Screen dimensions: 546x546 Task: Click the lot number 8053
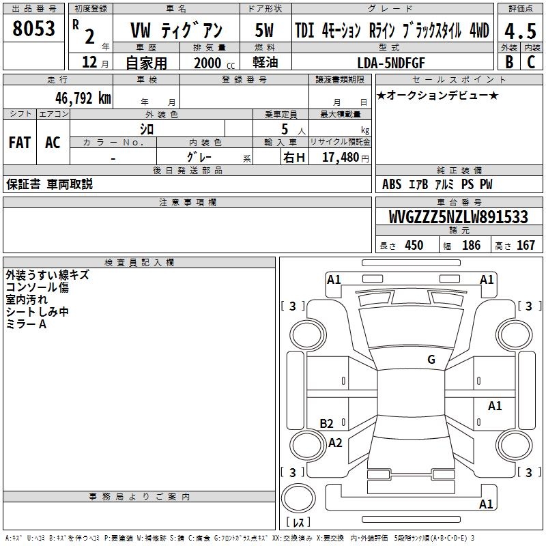[33, 29]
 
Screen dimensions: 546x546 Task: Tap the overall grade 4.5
[520, 31]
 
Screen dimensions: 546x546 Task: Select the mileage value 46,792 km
[83, 98]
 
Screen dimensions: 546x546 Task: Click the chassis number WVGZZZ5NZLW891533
[458, 216]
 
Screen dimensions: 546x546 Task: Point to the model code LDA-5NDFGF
[391, 63]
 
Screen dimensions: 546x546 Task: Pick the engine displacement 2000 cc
[214, 63]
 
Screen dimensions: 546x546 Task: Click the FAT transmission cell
[20, 143]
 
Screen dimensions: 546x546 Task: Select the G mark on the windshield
[431, 359]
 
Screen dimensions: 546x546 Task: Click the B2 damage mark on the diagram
[326, 423]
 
